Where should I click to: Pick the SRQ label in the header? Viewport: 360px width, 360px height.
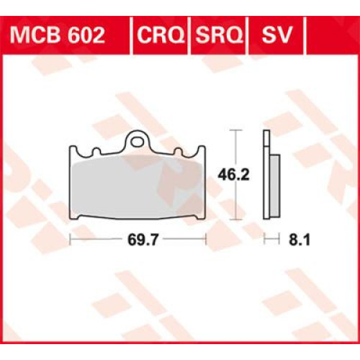point(217,35)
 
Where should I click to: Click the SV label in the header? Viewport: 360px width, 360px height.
point(274,35)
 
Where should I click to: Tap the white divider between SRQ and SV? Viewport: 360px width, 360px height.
point(248,35)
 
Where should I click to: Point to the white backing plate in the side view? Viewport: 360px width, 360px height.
point(266,173)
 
